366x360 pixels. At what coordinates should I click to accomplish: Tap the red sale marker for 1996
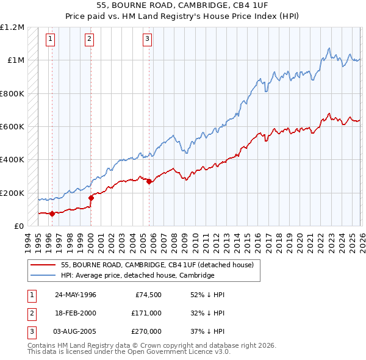[x=52, y=214]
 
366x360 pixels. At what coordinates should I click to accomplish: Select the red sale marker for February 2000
[x=91, y=198]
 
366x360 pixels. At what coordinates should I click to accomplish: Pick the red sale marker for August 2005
[x=149, y=181]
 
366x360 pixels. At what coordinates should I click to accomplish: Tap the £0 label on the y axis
[x=18, y=226]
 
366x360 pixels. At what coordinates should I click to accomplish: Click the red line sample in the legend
[x=43, y=265]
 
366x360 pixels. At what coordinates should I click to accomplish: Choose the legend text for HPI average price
[x=137, y=275]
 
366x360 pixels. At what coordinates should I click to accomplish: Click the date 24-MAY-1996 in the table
[x=76, y=295]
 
